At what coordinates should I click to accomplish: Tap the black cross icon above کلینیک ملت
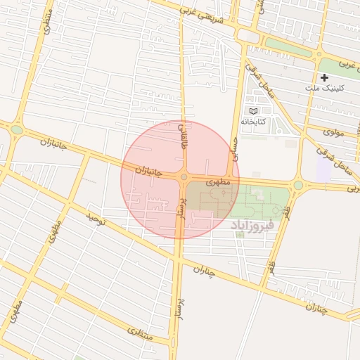pyautogui.click(x=324, y=77)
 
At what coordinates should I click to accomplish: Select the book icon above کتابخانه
pyautogui.click(x=254, y=111)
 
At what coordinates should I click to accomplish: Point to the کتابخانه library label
pyautogui.click(x=253, y=121)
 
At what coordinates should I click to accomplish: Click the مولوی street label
pyautogui.click(x=333, y=131)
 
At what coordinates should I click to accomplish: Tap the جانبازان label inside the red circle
pyautogui.click(x=148, y=171)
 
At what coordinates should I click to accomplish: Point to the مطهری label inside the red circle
pyautogui.click(x=218, y=181)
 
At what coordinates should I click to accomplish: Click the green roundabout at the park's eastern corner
pyautogui.click(x=297, y=185)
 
